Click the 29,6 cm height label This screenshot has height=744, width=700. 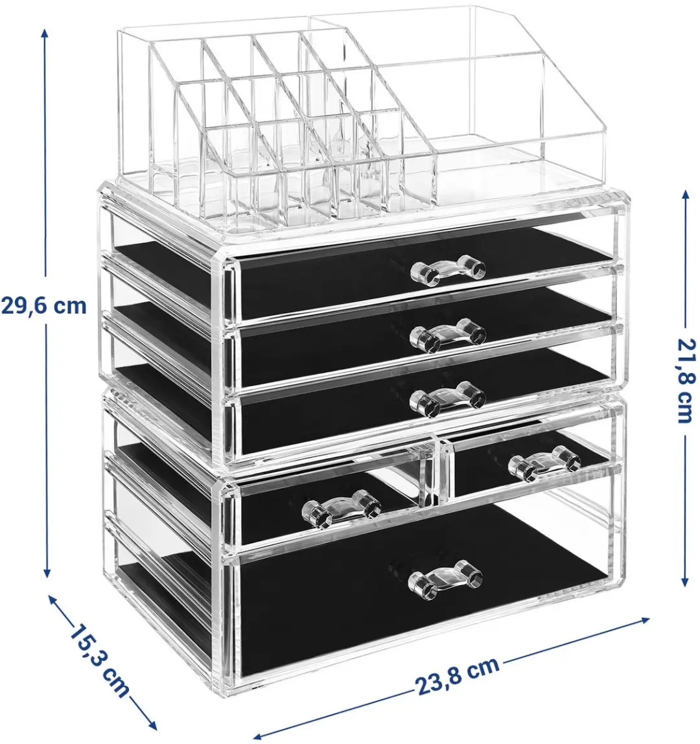(x=43, y=306)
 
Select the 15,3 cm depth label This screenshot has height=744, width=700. (x=99, y=662)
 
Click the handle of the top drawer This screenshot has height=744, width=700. (x=447, y=272)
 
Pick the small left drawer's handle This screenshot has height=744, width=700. (x=342, y=509)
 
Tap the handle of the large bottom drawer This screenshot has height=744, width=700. (x=445, y=578)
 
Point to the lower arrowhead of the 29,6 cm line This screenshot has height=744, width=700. (x=47, y=572)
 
